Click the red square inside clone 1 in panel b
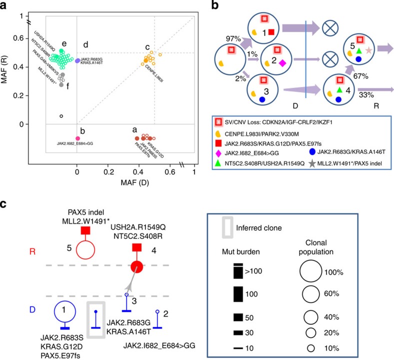[271, 32]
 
